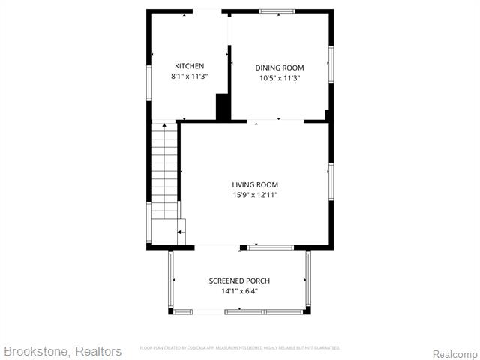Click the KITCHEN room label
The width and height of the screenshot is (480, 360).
click(189, 66)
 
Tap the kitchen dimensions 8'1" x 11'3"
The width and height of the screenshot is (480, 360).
click(189, 76)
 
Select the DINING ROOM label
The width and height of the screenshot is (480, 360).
click(280, 67)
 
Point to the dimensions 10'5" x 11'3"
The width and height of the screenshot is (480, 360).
click(280, 77)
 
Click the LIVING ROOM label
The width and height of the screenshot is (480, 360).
click(255, 184)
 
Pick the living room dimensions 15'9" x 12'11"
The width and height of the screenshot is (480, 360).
click(255, 195)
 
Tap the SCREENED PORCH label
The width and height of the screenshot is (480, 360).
click(239, 280)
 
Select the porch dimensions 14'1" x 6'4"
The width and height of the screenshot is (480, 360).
click(239, 291)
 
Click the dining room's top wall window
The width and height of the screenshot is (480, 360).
click(278, 11)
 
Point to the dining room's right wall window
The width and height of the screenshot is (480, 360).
click(331, 64)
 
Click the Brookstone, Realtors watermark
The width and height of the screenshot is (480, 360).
click(62, 351)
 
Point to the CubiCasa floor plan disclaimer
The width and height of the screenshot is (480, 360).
click(240, 348)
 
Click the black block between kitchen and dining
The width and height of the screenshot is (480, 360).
click(223, 106)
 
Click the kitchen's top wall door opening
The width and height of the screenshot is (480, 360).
click(208, 11)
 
